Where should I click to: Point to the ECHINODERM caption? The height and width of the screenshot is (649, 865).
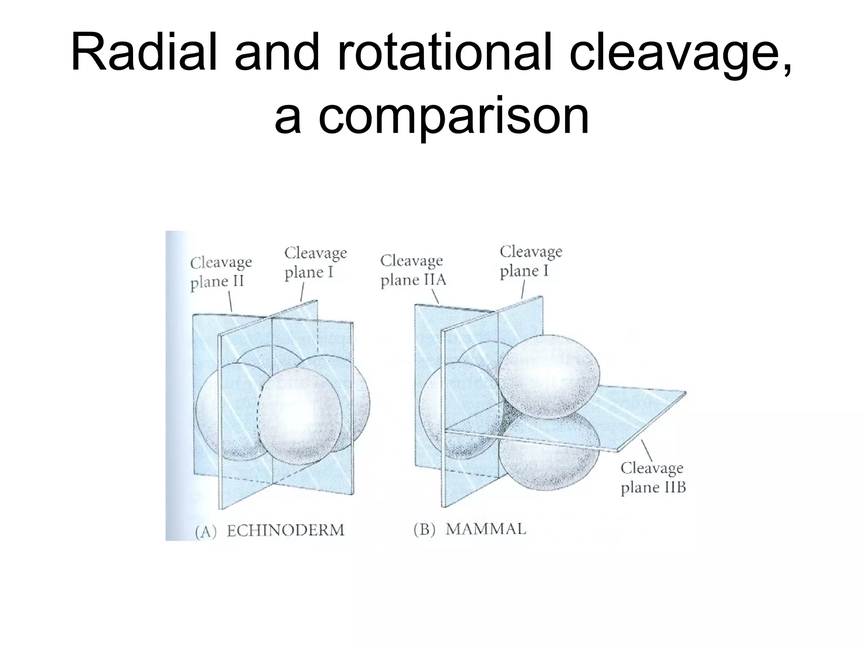pos(286,530)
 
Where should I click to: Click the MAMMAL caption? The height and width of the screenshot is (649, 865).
pos(486,529)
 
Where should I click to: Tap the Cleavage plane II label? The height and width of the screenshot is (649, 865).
pos(220,272)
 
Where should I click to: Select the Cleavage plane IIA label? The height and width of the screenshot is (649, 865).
pos(413,270)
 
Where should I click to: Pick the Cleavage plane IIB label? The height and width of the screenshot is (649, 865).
pos(653,477)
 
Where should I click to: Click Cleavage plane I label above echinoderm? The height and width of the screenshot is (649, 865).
pos(315,262)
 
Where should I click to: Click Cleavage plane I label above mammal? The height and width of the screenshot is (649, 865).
pos(531,261)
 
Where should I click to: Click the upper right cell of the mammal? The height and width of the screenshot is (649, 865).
pos(549,378)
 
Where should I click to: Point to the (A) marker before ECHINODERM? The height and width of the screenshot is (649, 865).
pos(206,531)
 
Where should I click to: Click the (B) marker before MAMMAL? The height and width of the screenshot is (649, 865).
pos(424,530)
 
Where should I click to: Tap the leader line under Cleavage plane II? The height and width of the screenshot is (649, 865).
pos(230,303)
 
